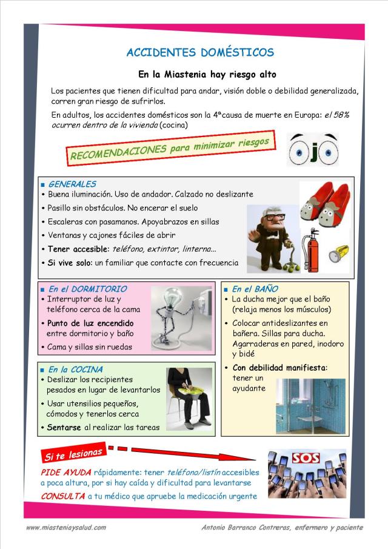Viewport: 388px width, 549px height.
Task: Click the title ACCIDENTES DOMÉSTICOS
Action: click(x=200, y=53)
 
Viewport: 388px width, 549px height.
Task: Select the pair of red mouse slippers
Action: click(x=327, y=203)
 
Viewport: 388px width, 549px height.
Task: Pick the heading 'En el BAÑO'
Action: click(x=255, y=289)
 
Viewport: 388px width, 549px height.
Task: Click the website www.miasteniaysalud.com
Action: click(x=66, y=528)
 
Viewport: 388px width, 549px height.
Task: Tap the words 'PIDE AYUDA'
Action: click(x=66, y=472)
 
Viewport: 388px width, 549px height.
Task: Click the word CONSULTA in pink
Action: click(x=62, y=496)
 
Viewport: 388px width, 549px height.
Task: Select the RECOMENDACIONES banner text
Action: click(x=170, y=149)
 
